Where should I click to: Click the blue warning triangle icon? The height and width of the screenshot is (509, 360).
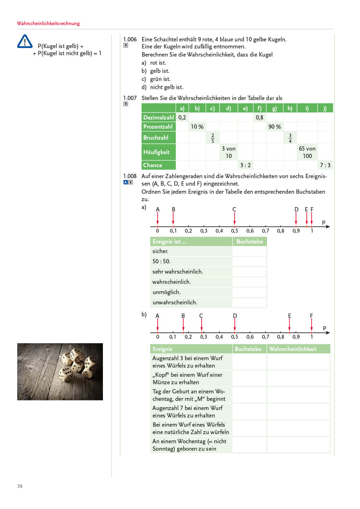coord(25,41)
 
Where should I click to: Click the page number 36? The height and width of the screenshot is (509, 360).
coord(20,486)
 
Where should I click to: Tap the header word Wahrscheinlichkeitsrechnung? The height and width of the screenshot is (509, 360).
coord(48,23)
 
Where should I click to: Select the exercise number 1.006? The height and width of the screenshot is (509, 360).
coord(130,39)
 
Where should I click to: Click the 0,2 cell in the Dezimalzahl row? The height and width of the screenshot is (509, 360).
coord(182,117)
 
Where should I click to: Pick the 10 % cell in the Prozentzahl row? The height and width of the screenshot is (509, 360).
coord(197,127)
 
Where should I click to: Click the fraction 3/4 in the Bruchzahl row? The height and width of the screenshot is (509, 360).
coord(290,138)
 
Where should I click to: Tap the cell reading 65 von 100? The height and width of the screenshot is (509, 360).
coord(307,152)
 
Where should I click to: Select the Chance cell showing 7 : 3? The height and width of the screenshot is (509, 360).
coord(325,165)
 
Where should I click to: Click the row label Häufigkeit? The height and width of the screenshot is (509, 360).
coord(156,152)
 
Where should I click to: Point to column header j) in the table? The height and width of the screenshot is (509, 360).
coord(325,108)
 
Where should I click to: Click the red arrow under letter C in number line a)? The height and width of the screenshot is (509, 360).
coord(234,218)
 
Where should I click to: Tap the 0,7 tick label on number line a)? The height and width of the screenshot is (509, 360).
coord(265,231)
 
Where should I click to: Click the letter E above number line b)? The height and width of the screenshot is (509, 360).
coord(290,316)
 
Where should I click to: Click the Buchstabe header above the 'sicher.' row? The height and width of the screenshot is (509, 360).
coord(249,241)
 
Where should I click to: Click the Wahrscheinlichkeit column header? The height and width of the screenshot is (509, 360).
coord(292,349)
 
